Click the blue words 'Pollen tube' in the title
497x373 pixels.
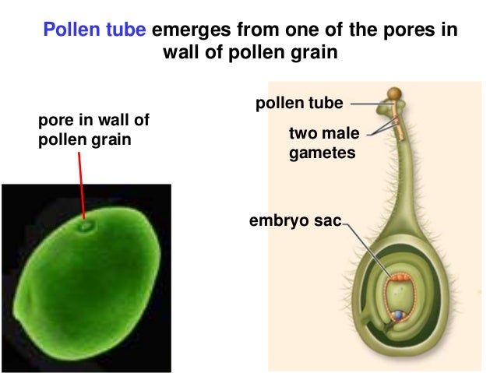[x=95, y=30]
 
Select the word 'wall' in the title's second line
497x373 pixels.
[x=180, y=54]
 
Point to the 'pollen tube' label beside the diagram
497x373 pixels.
[x=299, y=102]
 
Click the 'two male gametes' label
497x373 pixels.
[x=324, y=144]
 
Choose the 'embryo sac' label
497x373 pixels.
[x=295, y=221]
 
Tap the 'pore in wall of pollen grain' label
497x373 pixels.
[x=93, y=130]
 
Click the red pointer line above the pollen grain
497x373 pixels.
[x=82, y=187]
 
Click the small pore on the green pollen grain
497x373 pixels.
[x=86, y=227]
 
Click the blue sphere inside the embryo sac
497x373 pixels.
[x=400, y=315]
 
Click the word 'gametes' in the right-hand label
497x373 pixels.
[x=323, y=153]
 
